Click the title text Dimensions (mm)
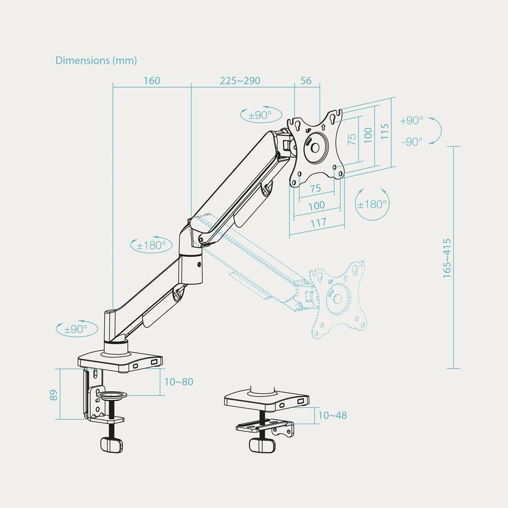pyautogui.click(x=96, y=61)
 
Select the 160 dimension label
pyautogui.click(x=152, y=81)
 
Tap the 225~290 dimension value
pyautogui.click(x=240, y=81)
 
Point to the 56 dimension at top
pyautogui.click(x=306, y=81)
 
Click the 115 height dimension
pyautogui.click(x=385, y=132)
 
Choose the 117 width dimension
pyautogui.click(x=317, y=222)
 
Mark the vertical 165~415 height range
pyautogui.click(x=447, y=258)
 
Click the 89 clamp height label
pyautogui.click(x=54, y=394)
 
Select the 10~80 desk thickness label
pyautogui.click(x=179, y=382)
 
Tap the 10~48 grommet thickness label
pyautogui.click(x=332, y=416)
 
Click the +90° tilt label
pyautogui.click(x=411, y=121)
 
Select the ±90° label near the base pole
pyautogui.click(x=76, y=329)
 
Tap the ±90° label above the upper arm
pyautogui.click(x=260, y=115)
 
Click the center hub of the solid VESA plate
pyautogui.click(x=316, y=146)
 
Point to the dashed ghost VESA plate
pyautogui.click(x=339, y=298)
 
